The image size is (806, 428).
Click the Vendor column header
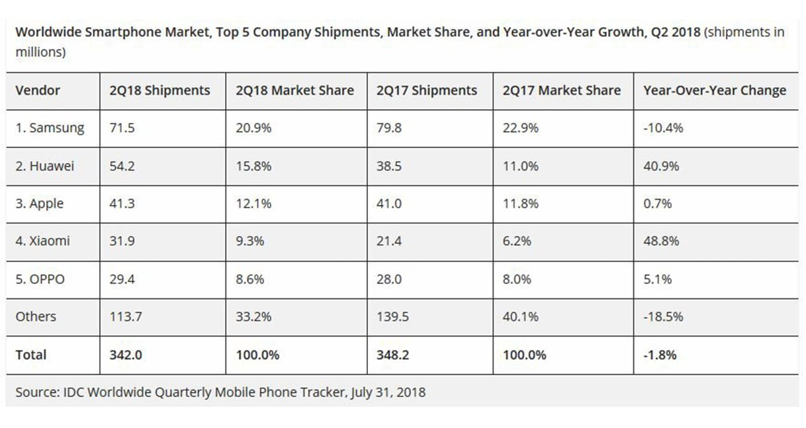[38, 91]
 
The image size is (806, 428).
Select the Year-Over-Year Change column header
[715, 91]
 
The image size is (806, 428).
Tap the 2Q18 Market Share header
[294, 91]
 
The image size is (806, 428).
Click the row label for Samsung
[50, 128]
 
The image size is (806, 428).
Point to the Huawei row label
[45, 166]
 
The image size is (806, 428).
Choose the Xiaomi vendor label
[42, 241]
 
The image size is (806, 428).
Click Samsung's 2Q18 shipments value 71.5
[122, 128]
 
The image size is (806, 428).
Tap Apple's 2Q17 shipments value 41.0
[389, 204]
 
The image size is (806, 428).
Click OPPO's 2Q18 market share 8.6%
[250, 279]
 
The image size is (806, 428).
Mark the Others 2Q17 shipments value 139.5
[392, 317]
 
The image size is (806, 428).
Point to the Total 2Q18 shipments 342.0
[126, 355]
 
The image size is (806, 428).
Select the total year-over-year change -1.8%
[660, 355]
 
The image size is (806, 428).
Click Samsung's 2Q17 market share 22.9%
[520, 128]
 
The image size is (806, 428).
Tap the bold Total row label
[31, 355]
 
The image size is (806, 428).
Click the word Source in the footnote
[36, 392]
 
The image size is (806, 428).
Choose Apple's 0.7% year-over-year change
[657, 204]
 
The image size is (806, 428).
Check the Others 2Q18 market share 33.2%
[253, 317]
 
